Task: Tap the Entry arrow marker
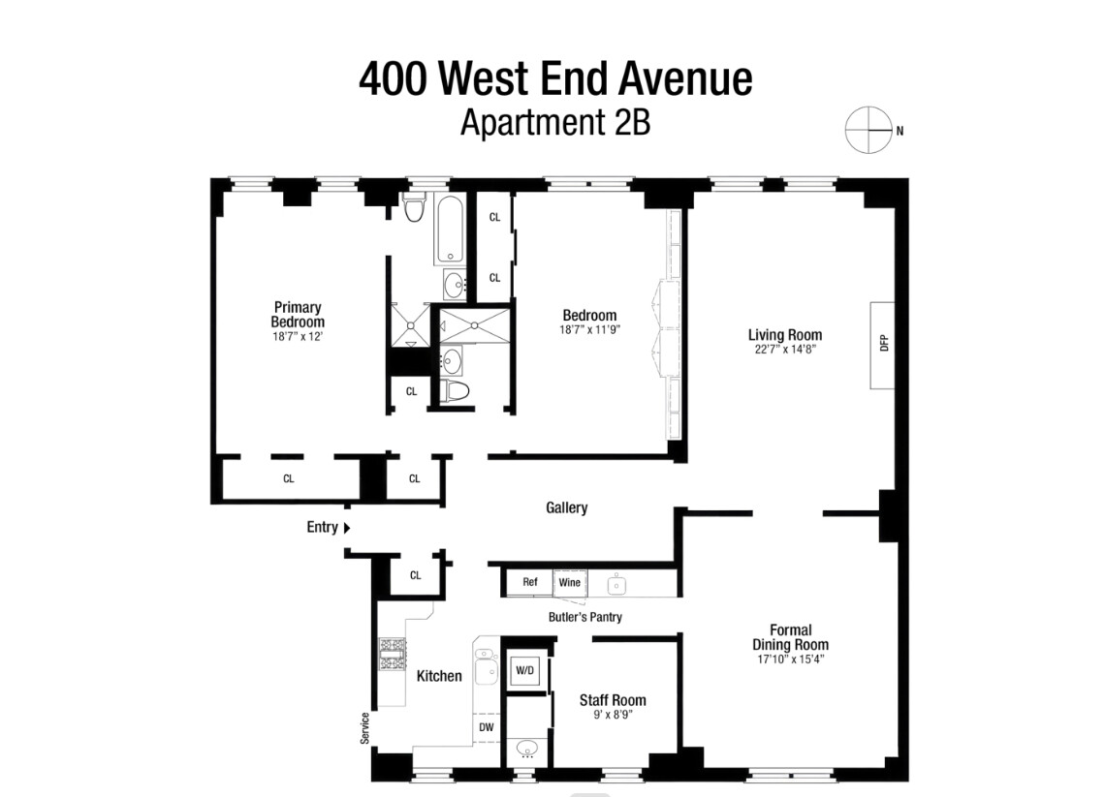tap(347, 528)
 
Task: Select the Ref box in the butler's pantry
tap(529, 582)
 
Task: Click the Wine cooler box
tap(569, 582)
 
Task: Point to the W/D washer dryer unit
tap(524, 670)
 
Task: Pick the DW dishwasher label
tap(486, 726)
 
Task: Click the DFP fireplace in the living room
tap(882, 345)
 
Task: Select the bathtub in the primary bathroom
tap(451, 230)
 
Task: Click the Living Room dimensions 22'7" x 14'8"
tap(784, 350)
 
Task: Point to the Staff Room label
tap(613, 700)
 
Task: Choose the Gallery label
tap(566, 507)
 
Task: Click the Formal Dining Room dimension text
tap(790, 659)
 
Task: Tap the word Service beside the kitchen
tap(365, 728)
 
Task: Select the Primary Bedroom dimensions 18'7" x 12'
tap(298, 337)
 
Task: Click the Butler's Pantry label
tap(584, 617)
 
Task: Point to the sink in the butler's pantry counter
tap(615, 584)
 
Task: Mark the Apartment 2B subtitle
tap(555, 123)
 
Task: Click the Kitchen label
tap(439, 676)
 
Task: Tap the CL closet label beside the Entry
tap(415, 575)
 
